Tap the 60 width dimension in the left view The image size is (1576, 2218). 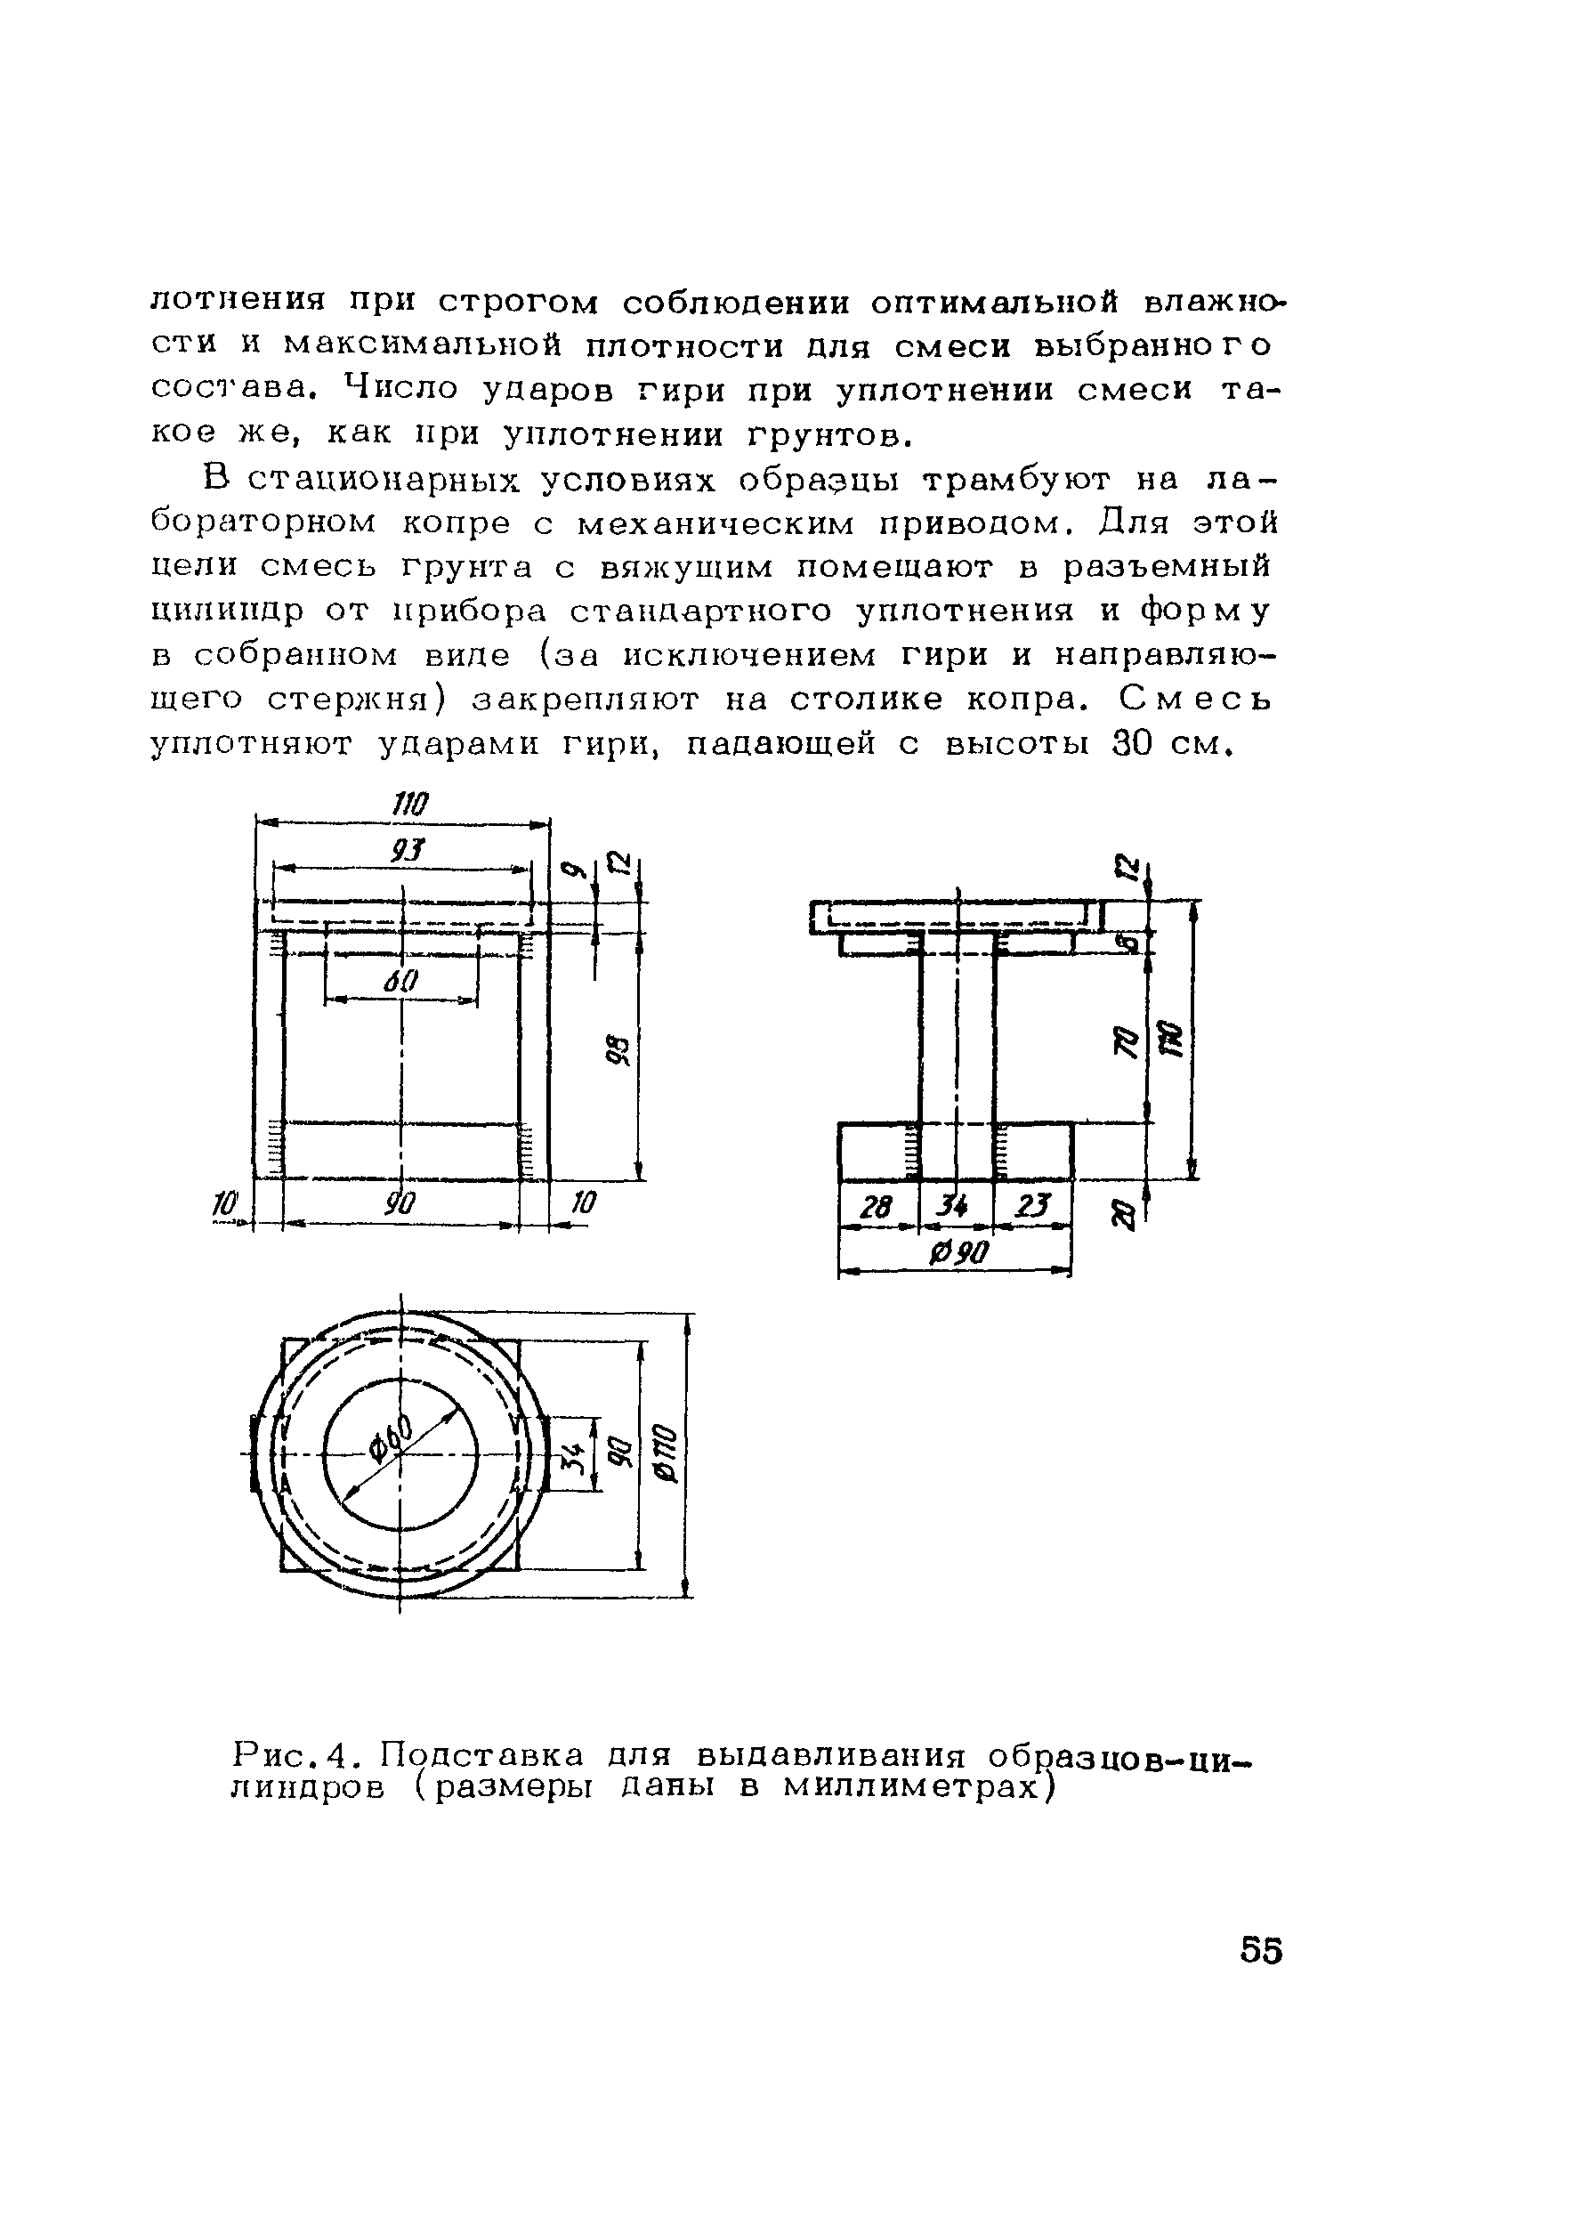click(400, 982)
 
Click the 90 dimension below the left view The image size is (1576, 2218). click(399, 1204)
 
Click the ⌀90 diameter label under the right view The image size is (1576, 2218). click(958, 1253)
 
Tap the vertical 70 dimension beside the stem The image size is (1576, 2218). click(1126, 1042)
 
